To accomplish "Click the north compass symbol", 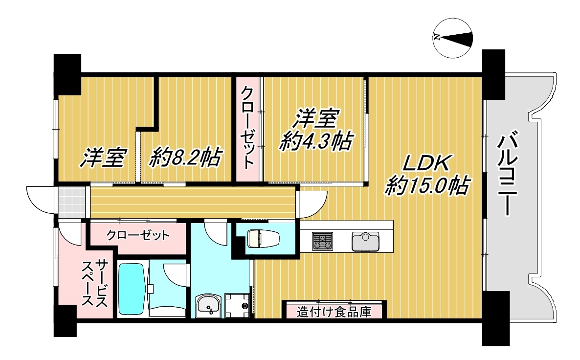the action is pyautogui.click(x=453, y=38).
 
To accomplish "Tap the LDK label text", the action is pyautogui.click(x=426, y=163).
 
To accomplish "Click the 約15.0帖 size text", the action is pyautogui.click(x=427, y=186).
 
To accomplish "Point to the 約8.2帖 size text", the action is pyautogui.click(x=186, y=157).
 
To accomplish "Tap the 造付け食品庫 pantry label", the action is pyautogui.click(x=334, y=312).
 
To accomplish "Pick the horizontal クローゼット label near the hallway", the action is pyautogui.click(x=138, y=235).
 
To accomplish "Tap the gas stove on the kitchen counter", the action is pyautogui.click(x=322, y=241).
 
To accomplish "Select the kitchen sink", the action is pyautogui.click(x=365, y=241).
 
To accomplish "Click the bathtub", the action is pyautogui.click(x=132, y=289).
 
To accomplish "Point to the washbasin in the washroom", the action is pyautogui.click(x=208, y=306).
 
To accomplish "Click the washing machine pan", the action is pyautogui.click(x=237, y=305).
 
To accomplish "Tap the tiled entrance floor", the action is pyautogui.click(x=72, y=202).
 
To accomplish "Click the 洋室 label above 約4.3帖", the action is pyautogui.click(x=316, y=118).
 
